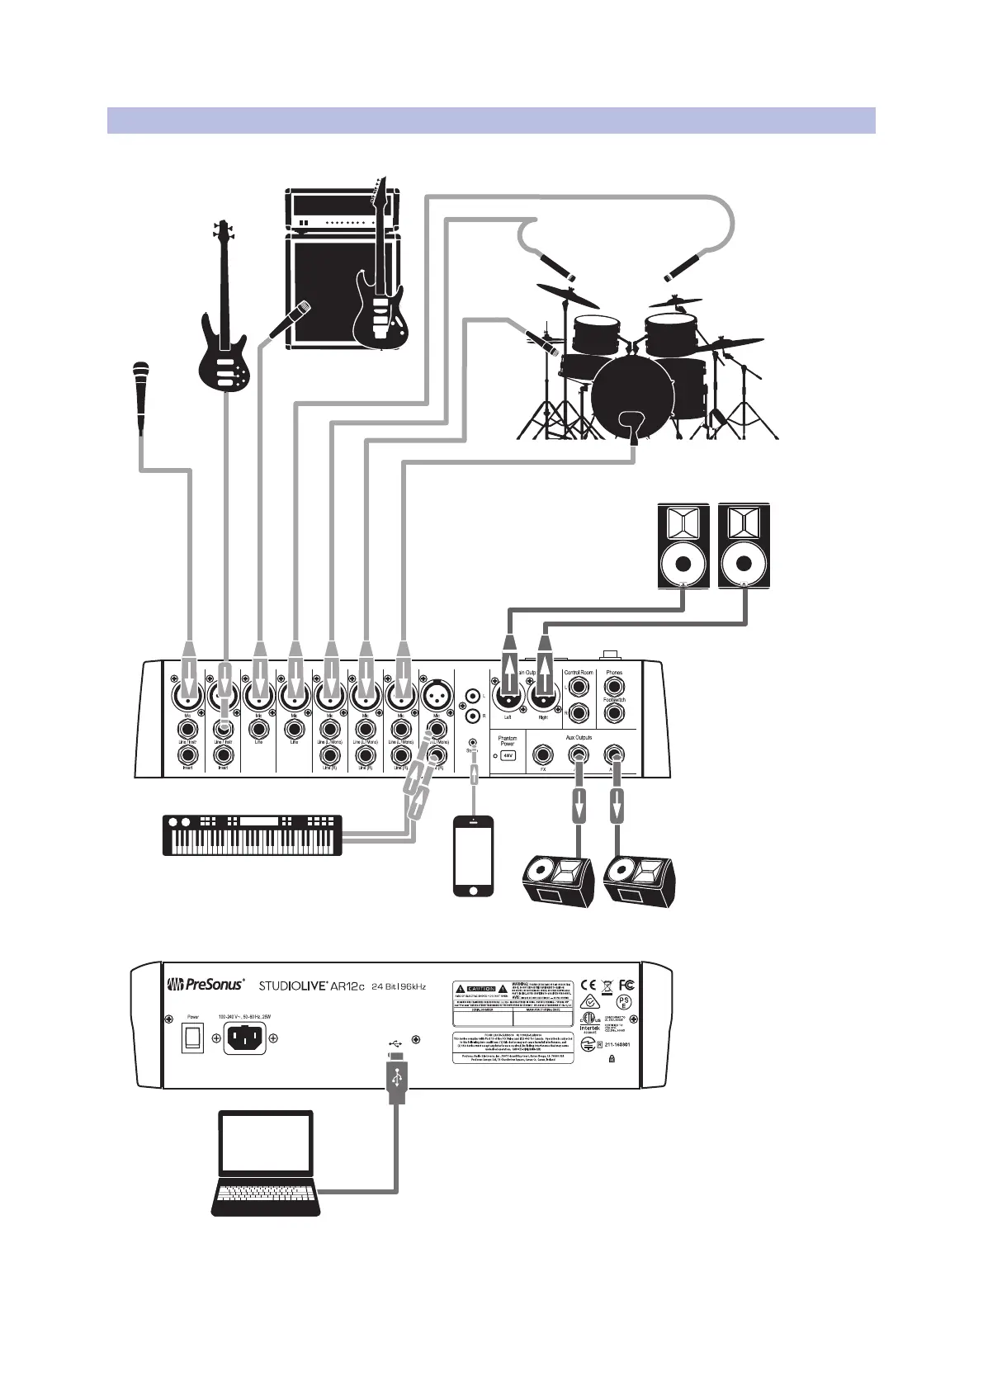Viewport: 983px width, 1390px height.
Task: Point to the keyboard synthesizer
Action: [x=253, y=834]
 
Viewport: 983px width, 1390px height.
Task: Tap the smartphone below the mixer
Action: [x=474, y=854]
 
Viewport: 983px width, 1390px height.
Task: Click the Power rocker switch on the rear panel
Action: [x=192, y=1038]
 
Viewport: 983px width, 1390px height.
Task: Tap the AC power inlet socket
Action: [x=245, y=1038]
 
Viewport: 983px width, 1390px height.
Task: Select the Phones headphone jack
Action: [x=614, y=687]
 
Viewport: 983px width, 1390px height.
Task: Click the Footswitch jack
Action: [x=614, y=714]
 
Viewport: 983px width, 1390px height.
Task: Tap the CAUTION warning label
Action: [x=480, y=988]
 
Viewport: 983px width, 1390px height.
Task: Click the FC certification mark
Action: [x=626, y=984]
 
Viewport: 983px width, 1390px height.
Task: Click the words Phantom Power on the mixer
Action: [x=508, y=740]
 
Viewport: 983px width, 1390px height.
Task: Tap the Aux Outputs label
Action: [x=578, y=737]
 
